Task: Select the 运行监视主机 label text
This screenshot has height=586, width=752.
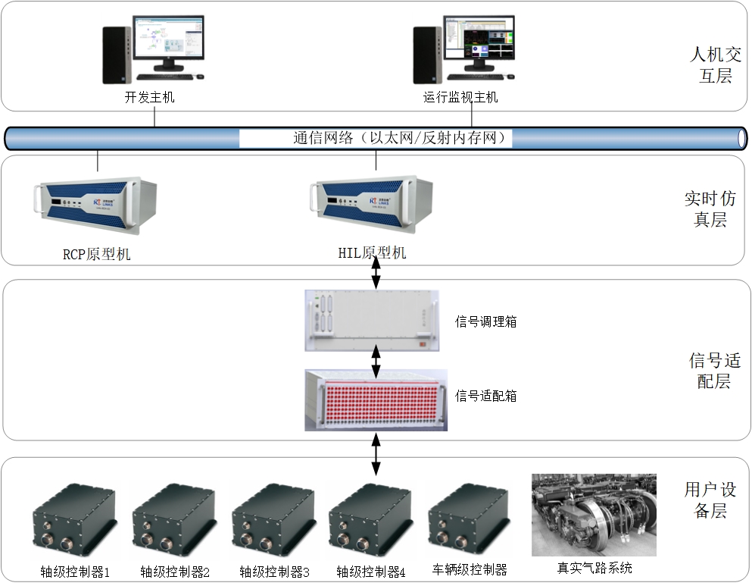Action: pyautogui.click(x=460, y=98)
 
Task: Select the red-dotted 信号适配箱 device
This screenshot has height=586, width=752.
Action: pyautogui.click(x=376, y=400)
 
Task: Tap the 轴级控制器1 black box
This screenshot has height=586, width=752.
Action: pyautogui.click(x=75, y=523)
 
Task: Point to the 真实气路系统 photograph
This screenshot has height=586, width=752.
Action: pyautogui.click(x=594, y=515)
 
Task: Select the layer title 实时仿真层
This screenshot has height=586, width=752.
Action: pyautogui.click(x=710, y=209)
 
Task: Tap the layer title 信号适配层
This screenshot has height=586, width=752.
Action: pyautogui.click(x=710, y=371)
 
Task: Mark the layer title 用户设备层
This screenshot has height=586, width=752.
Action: pyautogui.click(x=710, y=500)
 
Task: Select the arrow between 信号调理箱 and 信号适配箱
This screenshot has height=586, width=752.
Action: pyautogui.click(x=376, y=361)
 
